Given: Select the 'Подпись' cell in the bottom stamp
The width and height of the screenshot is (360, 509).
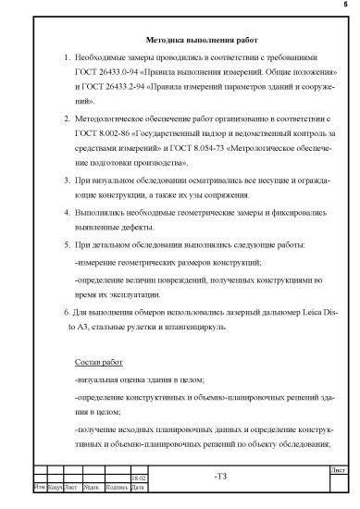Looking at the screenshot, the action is pos(118,487).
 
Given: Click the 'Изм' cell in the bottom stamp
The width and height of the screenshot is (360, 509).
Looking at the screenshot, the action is pos(39,487).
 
